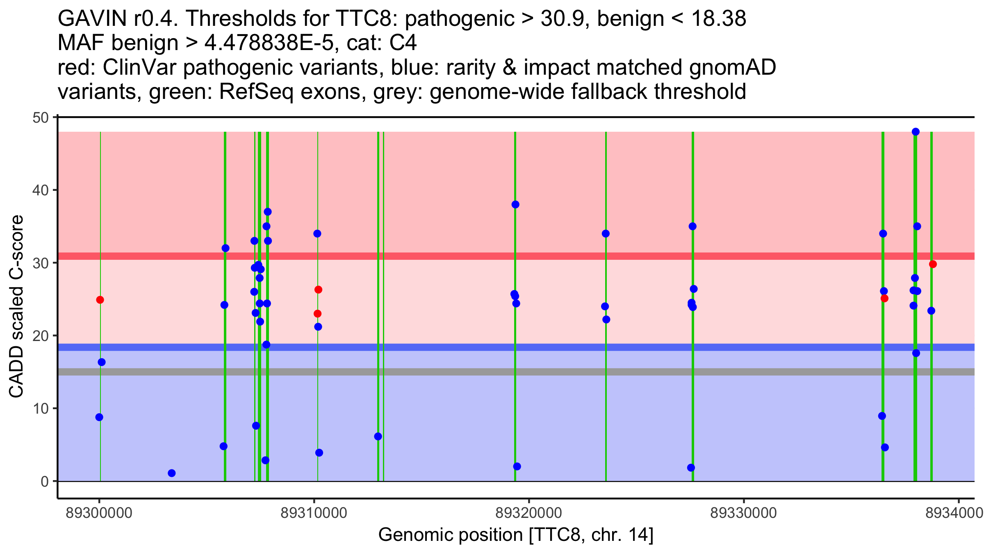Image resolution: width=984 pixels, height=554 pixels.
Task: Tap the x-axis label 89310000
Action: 314,513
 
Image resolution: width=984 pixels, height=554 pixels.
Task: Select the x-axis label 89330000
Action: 743,513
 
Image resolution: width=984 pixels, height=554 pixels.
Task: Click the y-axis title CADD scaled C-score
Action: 16,307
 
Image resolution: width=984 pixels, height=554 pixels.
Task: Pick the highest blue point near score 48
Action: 916,132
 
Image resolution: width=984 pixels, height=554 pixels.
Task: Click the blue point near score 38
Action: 515,204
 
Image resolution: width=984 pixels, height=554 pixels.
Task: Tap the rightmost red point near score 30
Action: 933,264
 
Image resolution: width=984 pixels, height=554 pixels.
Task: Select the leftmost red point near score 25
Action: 100,300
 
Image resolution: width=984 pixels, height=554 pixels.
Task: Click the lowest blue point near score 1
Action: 172,473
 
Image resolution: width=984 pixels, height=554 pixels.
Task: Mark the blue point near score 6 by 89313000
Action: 378,436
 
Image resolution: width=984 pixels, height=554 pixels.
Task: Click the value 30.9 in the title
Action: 562,19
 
